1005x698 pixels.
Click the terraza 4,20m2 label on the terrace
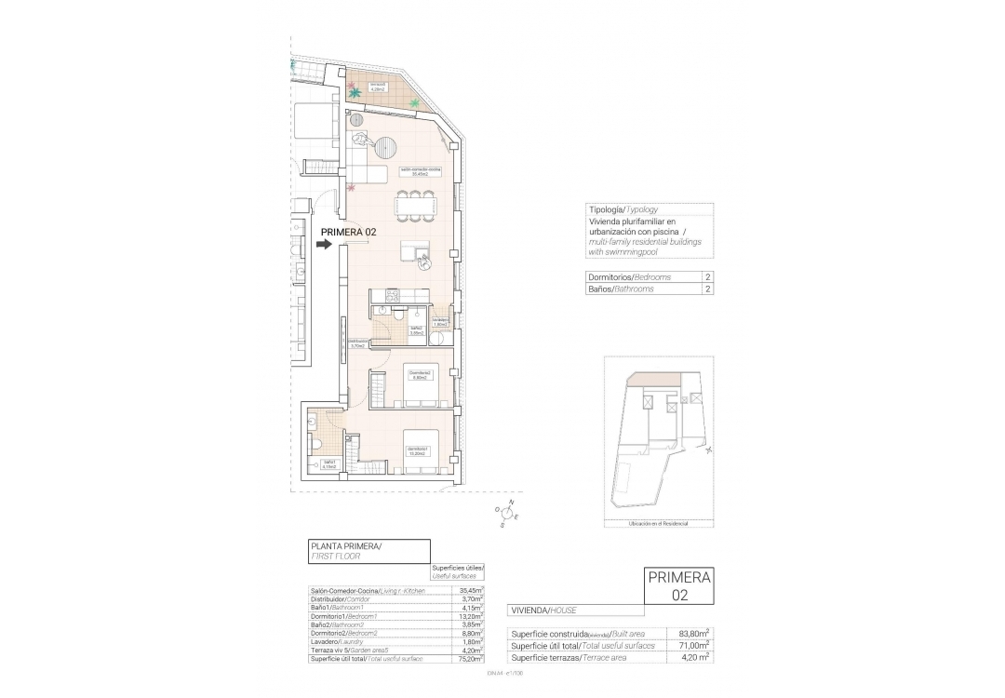click(x=378, y=89)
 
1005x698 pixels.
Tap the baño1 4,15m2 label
click(x=329, y=464)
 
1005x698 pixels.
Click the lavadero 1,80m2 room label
click(x=440, y=323)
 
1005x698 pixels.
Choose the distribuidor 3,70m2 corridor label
click(x=355, y=342)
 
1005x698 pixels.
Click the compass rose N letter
click(x=510, y=501)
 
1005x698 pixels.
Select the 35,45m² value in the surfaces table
click(x=473, y=590)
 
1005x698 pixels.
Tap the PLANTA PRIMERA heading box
click(x=368, y=549)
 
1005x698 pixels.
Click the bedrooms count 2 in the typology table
click(x=707, y=277)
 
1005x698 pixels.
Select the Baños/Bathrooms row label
click(x=621, y=289)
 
